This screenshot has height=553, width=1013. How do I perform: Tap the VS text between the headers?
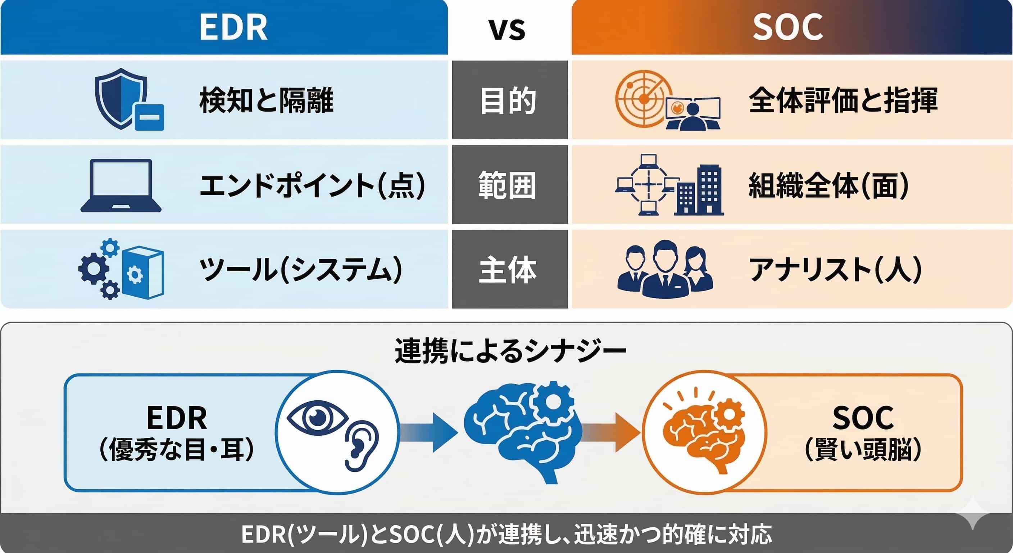coord(507,30)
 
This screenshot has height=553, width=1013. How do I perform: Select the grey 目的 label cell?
coord(510,100)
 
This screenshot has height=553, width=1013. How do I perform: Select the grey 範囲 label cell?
coord(510,184)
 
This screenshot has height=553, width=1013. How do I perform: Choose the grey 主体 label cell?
coord(510,269)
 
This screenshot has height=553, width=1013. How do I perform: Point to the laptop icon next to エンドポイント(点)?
coord(121,185)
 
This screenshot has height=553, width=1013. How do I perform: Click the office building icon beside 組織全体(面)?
coord(699,190)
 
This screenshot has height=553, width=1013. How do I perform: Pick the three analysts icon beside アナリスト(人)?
coord(665,269)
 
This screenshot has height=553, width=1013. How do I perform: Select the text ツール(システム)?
coord(301,270)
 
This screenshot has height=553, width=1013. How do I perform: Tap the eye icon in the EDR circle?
coord(318,418)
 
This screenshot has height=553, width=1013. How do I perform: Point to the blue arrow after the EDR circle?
coord(429,432)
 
